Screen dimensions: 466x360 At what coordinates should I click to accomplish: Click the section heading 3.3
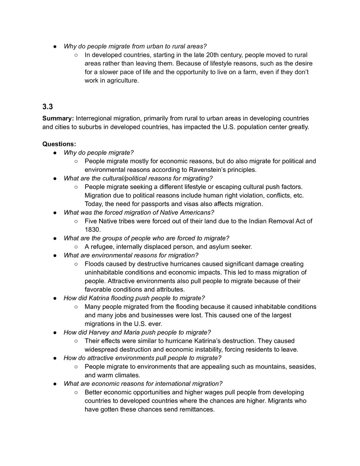(x=47, y=107)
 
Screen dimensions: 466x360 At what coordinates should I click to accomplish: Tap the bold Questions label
(x=59, y=144)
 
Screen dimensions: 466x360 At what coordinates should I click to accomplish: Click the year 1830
(x=92, y=230)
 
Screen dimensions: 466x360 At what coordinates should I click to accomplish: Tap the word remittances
(x=196, y=410)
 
